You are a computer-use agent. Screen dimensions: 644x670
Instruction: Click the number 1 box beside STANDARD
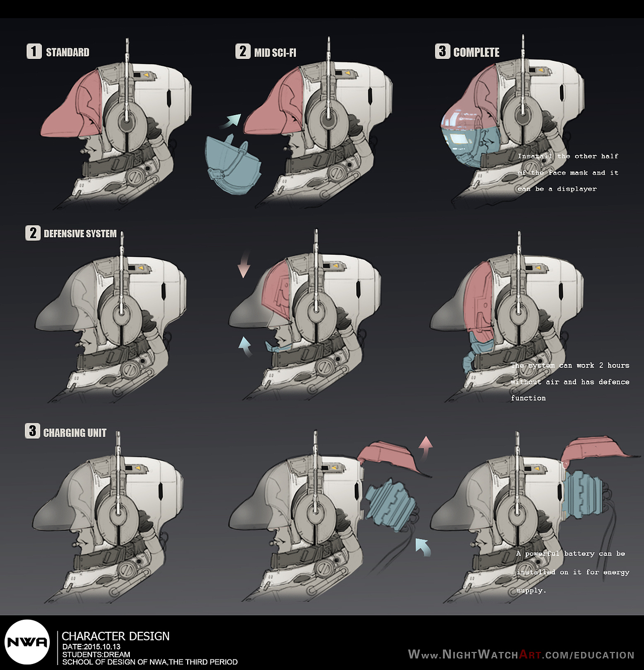(x=34, y=51)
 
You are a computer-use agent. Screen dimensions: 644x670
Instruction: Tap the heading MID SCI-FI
(x=275, y=52)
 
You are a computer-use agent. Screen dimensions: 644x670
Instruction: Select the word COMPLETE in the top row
(x=476, y=52)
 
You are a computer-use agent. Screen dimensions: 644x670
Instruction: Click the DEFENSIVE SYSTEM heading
(x=80, y=234)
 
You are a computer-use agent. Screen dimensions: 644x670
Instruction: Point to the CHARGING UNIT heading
(x=75, y=433)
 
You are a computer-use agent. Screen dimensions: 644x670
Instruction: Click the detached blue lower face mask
(x=232, y=165)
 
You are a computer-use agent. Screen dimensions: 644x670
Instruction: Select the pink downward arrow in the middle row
(x=244, y=264)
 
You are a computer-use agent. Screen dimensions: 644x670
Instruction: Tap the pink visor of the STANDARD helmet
(x=72, y=107)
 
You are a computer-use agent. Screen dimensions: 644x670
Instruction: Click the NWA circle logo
(x=27, y=642)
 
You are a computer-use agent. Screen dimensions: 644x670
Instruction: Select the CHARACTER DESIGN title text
(x=115, y=636)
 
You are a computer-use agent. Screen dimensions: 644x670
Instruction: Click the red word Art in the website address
(x=530, y=654)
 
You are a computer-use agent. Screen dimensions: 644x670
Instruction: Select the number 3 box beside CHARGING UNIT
(x=32, y=431)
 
